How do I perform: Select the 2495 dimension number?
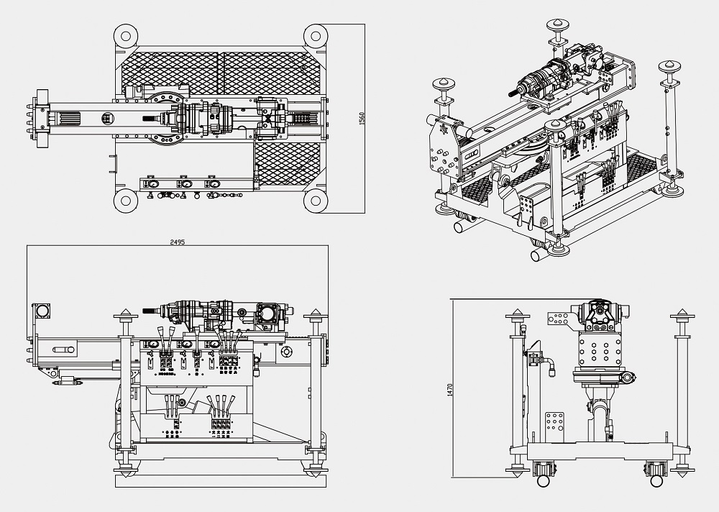(177, 242)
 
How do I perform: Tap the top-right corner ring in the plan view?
(315, 35)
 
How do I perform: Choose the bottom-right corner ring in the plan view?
(315, 201)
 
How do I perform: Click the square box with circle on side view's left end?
(43, 312)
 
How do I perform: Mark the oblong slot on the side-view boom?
(64, 349)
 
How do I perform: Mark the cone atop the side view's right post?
(314, 314)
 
